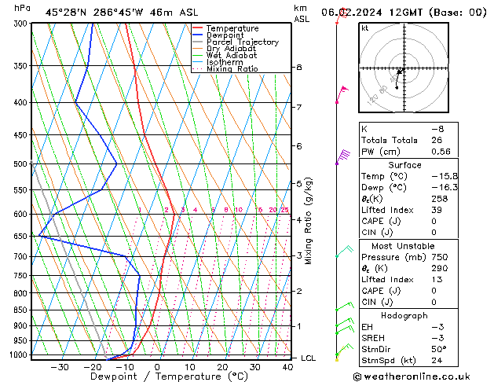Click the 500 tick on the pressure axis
(x=20, y=164)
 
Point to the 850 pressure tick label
(x=20, y=310)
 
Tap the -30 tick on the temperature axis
(x=59, y=367)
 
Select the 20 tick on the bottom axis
(x=222, y=367)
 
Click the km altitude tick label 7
(x=298, y=107)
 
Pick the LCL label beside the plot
(x=309, y=358)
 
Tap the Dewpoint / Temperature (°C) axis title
(x=157, y=376)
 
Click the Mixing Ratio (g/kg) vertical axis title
(x=309, y=220)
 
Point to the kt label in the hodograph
(x=364, y=28)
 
